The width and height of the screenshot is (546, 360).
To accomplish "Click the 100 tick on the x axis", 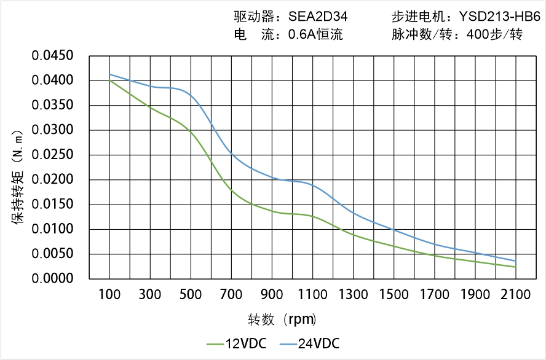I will tap(109, 295).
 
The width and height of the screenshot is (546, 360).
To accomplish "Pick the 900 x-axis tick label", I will tap(272, 295).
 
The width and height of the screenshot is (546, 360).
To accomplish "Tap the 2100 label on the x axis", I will tap(515, 295).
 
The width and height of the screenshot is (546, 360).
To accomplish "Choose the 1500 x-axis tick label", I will tap(394, 295).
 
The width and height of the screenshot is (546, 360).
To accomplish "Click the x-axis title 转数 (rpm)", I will tap(282, 319).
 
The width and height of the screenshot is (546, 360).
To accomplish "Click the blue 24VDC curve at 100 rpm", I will tap(109, 74).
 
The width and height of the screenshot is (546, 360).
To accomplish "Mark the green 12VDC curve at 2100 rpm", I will tap(515, 267).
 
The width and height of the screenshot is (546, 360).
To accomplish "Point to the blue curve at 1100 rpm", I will tap(312, 184).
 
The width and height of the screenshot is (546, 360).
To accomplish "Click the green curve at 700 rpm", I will tap(231, 190).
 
